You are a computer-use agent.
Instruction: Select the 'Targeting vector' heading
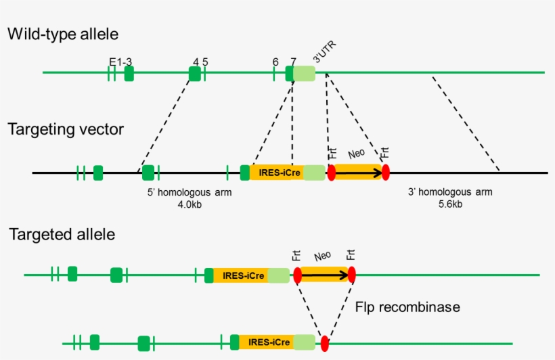pyautogui.click(x=66, y=129)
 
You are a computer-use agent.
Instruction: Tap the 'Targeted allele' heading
pyautogui.click(x=62, y=235)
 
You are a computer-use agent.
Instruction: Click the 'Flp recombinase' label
pyautogui.click(x=407, y=307)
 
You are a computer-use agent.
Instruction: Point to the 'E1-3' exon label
pyautogui.click(x=120, y=62)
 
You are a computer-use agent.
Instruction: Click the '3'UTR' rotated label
pyautogui.click(x=324, y=51)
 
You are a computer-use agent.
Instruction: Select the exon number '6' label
pyautogui.click(x=275, y=62)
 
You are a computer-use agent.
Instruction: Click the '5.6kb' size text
pyautogui.click(x=450, y=204)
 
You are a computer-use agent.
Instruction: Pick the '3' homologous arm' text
pyautogui.click(x=450, y=192)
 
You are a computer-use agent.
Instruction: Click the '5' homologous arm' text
pyautogui.click(x=190, y=192)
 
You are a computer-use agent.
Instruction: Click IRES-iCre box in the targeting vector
pyautogui.click(x=276, y=173)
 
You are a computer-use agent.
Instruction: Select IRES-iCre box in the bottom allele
pyautogui.click(x=266, y=342)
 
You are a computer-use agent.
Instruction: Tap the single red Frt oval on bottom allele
pyautogui.click(x=325, y=343)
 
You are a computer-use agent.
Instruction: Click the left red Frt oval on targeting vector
pyautogui.click(x=332, y=173)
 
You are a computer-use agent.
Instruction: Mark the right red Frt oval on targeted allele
pyautogui.click(x=351, y=275)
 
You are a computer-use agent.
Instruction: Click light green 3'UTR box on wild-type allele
pyautogui.click(x=304, y=72)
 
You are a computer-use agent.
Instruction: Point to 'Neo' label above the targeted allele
pyautogui.click(x=323, y=257)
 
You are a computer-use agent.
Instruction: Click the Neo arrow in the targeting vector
pyautogui.click(x=358, y=173)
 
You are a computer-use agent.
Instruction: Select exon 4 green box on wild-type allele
pyautogui.click(x=194, y=73)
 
